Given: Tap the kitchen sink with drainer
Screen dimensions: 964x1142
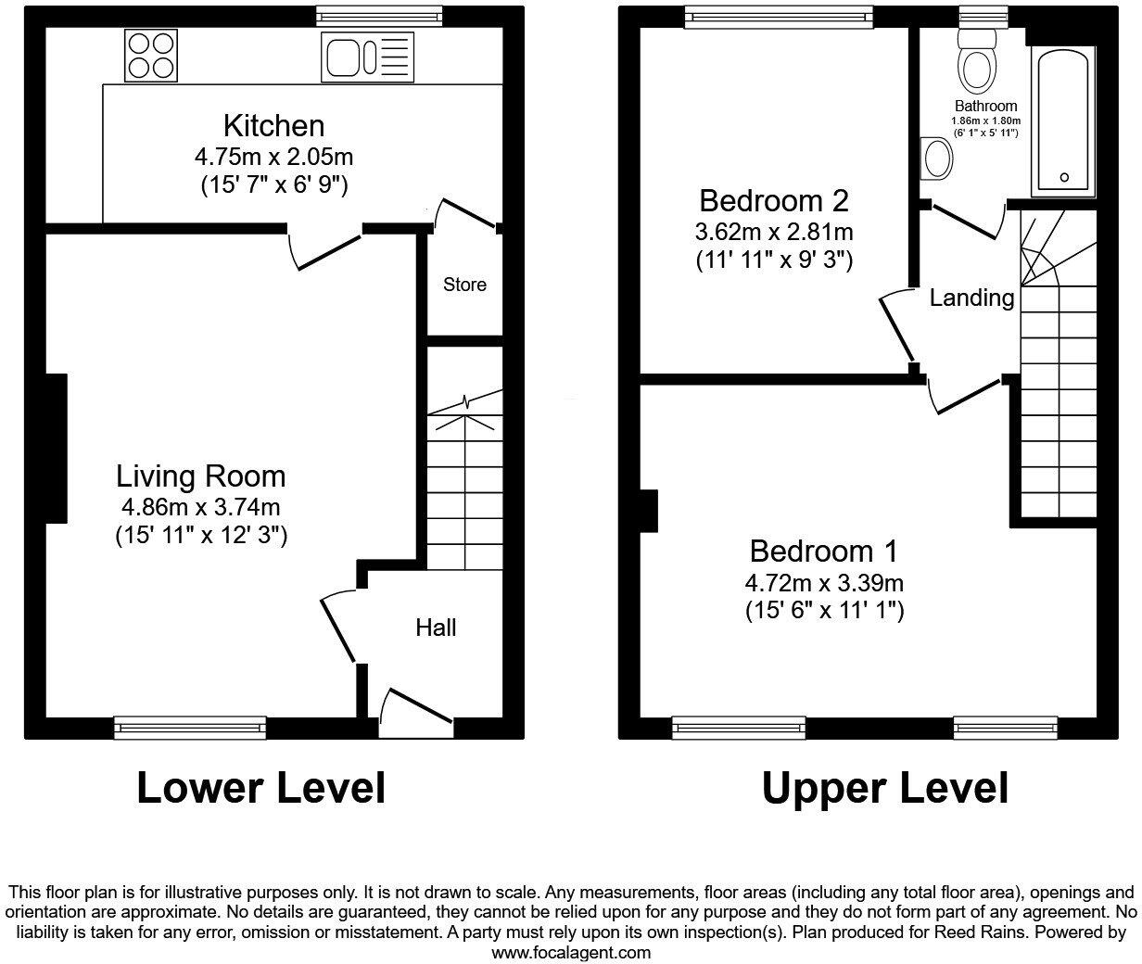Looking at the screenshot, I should click(368, 57).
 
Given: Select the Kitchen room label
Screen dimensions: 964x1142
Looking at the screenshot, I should click(273, 125).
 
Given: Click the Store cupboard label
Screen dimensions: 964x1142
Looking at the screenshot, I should click(464, 285).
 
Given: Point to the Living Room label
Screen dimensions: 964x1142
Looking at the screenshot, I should click(201, 476).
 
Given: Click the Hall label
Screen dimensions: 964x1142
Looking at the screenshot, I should click(436, 628).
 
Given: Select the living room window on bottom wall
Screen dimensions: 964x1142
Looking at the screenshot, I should click(190, 728).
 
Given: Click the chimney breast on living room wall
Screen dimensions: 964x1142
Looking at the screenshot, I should click(55, 448).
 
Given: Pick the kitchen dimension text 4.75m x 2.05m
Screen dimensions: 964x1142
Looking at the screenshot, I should click(273, 156).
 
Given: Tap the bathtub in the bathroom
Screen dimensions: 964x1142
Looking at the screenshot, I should click(1064, 120).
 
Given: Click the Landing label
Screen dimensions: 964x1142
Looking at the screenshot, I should click(971, 298).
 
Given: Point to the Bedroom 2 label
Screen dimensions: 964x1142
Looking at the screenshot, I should click(774, 200).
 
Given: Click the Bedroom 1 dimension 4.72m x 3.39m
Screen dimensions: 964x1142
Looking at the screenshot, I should click(824, 582).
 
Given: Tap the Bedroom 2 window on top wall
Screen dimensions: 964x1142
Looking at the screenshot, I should click(779, 16).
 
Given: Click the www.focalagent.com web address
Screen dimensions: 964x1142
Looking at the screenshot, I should click(570, 952).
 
